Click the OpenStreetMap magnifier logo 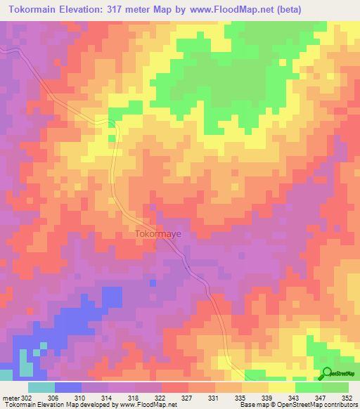[328, 373]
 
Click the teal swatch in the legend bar [41, 387]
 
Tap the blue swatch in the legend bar [68, 387]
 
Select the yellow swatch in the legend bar [282, 387]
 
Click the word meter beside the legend [8, 397]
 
